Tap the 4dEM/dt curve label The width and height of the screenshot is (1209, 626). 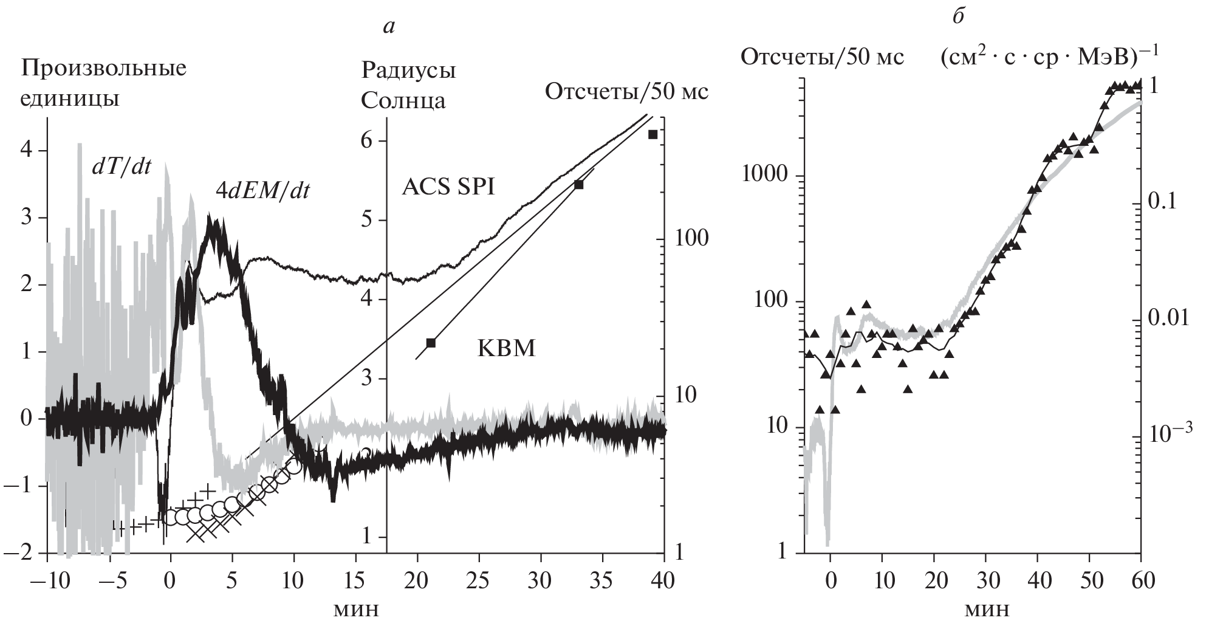click(263, 191)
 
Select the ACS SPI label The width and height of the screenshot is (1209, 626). click(448, 187)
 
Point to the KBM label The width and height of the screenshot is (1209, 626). click(506, 349)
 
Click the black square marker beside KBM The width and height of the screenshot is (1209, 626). click(431, 343)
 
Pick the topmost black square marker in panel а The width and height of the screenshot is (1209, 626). click(652, 134)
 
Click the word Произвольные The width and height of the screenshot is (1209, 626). click(104, 68)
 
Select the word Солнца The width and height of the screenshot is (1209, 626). click(403, 101)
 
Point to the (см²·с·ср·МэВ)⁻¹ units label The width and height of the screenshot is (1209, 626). click(1049, 58)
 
